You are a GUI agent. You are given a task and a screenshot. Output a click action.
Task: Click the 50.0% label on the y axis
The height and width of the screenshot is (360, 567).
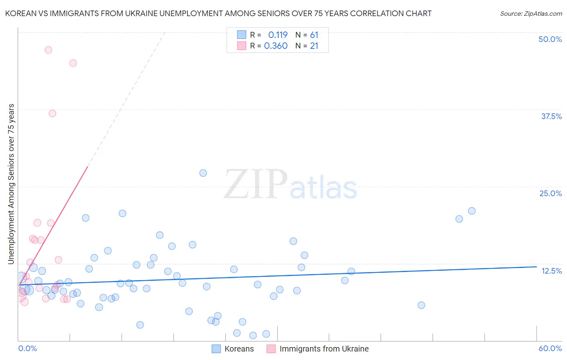point(550,39)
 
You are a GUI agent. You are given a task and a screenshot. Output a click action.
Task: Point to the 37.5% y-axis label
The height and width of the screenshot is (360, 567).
point(551,116)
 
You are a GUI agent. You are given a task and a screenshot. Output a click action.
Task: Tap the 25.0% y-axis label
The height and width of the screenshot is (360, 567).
point(550,193)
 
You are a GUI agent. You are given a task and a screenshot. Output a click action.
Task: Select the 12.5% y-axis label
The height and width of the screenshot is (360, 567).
point(551,271)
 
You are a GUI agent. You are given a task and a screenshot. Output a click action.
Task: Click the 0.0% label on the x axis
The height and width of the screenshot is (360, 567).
point(27,348)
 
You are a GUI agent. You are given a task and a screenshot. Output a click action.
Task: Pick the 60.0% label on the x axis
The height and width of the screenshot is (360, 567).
point(550,348)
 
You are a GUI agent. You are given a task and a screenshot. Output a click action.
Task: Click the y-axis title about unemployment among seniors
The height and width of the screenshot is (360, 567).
point(11,184)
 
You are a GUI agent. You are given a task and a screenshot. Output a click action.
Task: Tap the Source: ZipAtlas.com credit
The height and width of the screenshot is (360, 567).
point(531,14)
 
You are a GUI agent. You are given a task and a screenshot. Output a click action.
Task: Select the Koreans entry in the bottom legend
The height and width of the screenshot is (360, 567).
point(239,349)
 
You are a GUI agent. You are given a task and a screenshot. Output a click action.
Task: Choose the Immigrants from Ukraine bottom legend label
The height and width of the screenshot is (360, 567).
point(324,349)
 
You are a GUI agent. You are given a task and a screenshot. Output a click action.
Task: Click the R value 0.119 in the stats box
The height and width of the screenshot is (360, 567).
point(277,35)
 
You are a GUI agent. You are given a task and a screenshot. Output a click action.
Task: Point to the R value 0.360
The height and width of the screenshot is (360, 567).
point(276,46)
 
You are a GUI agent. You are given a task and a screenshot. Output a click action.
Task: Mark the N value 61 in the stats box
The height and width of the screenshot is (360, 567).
point(314,35)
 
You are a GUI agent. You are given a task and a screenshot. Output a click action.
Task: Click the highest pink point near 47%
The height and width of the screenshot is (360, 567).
point(48,50)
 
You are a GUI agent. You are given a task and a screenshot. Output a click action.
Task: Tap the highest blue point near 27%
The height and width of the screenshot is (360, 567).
point(203,173)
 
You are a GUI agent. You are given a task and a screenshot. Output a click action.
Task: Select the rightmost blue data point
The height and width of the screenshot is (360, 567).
point(472,211)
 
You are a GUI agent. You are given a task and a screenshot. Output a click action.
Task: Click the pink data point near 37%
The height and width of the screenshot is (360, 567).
point(52,113)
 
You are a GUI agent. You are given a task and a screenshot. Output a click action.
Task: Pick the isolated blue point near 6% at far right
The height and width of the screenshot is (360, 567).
point(421,305)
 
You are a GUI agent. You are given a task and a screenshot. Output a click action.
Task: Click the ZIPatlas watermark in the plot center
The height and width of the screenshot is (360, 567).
point(290,184)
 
